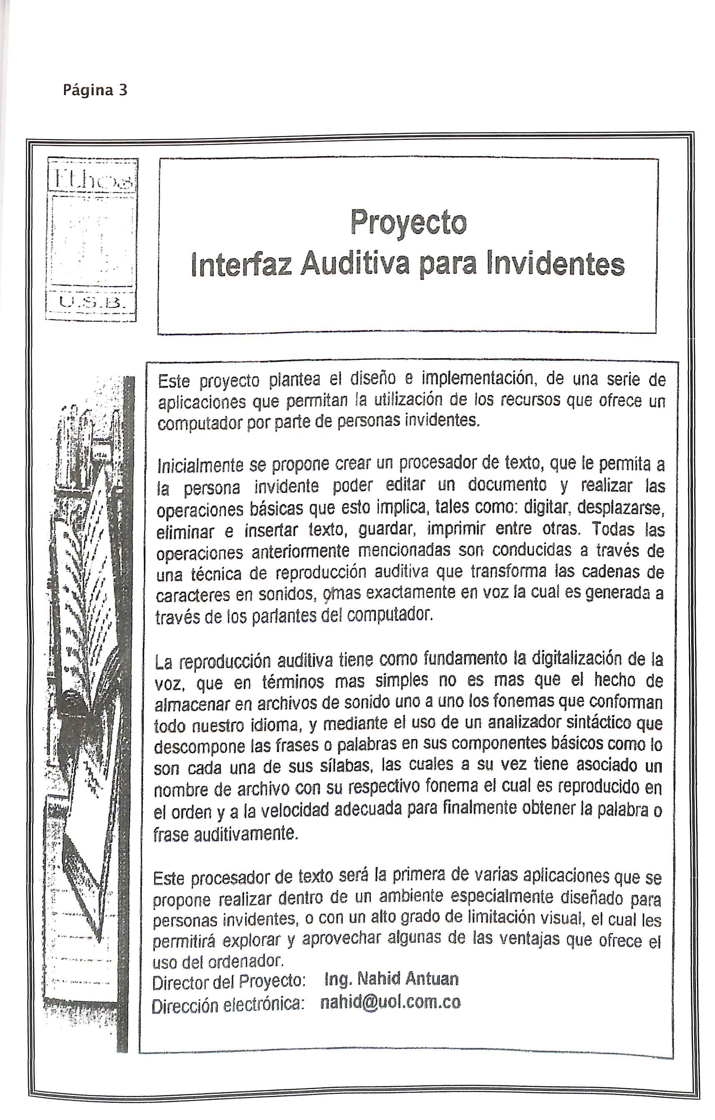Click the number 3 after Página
(122, 90)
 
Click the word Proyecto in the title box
(408, 222)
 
